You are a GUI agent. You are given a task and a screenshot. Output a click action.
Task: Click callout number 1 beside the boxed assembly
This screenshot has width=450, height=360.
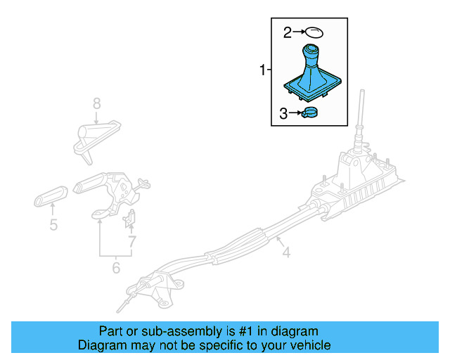[263, 70]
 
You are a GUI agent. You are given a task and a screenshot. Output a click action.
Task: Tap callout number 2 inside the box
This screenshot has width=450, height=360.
[287, 32]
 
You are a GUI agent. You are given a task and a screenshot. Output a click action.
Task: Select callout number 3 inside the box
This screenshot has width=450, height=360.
[284, 113]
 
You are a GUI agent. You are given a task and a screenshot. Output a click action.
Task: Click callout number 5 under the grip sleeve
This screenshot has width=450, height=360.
[53, 226]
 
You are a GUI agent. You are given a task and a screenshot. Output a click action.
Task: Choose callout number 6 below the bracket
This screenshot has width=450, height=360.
[116, 267]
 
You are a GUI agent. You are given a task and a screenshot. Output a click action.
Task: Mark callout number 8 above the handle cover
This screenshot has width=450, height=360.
[97, 104]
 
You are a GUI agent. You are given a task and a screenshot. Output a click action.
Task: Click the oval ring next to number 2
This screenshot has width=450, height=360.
[316, 31]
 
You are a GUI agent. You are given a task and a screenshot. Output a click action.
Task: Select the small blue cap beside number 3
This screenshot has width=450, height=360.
[310, 112]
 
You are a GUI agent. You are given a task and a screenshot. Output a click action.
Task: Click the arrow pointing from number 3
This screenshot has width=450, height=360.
[296, 112]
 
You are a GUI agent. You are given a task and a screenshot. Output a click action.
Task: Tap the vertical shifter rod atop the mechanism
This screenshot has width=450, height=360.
[361, 112]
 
